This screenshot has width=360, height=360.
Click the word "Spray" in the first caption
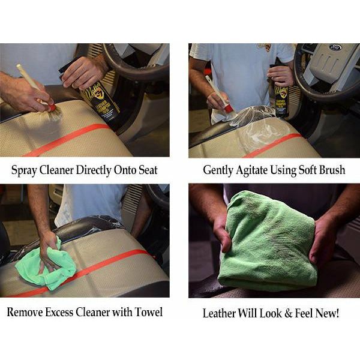(25, 170)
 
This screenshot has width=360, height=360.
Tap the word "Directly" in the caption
(94, 170)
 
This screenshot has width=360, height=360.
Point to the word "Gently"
(219, 170)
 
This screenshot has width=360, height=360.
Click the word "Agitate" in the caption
(257, 170)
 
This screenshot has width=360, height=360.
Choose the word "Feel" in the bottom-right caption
(307, 313)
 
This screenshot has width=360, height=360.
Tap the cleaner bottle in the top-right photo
(281, 93)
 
